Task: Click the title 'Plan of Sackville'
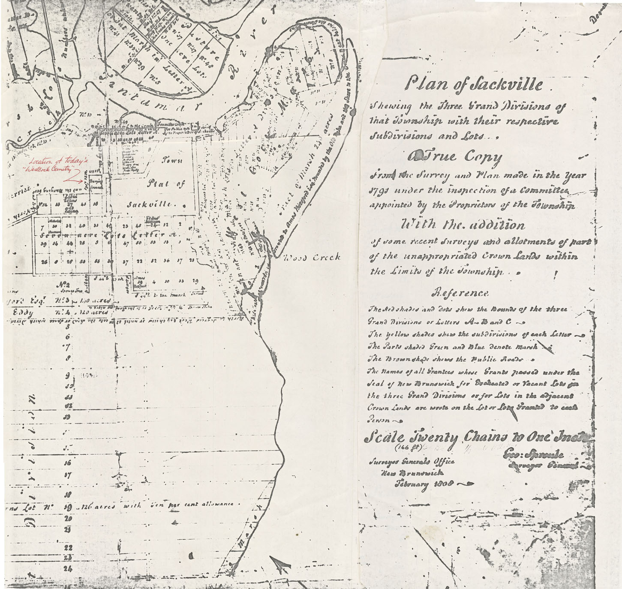point(474,84)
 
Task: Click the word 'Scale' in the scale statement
point(384,437)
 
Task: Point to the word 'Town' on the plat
point(172,160)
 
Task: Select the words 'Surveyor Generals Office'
point(411,462)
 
